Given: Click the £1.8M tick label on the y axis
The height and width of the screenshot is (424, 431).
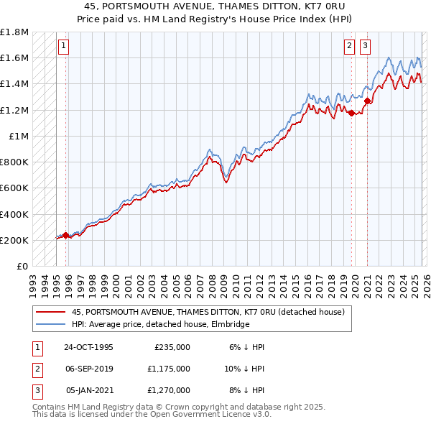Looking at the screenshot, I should click(15, 32).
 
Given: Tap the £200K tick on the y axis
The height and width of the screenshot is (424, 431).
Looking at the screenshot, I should click(14, 240).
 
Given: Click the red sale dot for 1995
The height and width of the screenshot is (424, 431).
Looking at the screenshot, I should click(65, 235).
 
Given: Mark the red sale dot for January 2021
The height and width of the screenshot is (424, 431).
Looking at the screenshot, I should click(367, 101).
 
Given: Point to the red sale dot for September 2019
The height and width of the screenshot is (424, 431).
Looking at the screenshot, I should click(351, 113).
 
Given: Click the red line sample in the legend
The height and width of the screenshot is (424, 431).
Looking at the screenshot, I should click(51, 312).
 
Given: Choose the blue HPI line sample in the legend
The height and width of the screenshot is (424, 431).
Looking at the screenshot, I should click(51, 324).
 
